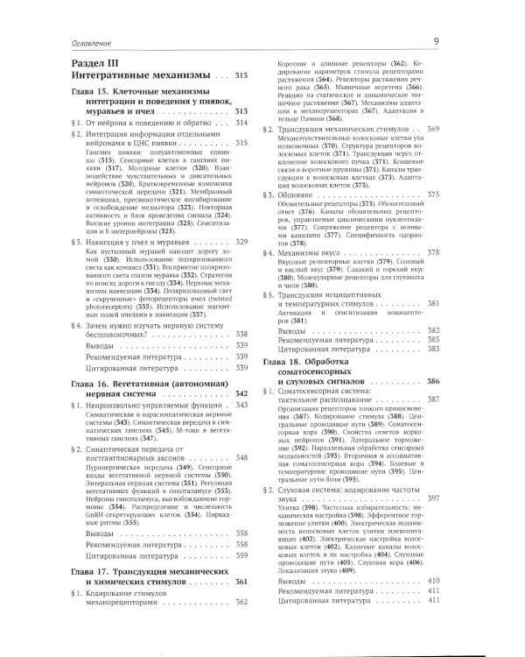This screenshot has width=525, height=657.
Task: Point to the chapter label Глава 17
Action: (82, 573)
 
